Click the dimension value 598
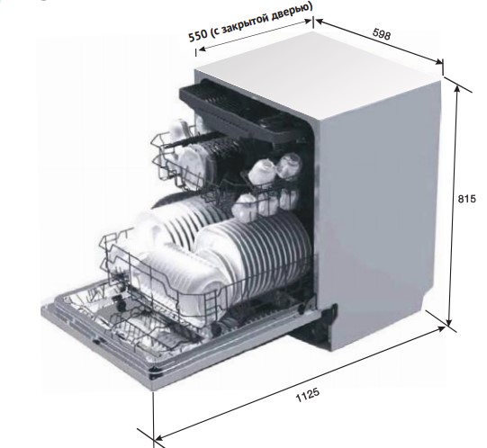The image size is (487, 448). [x=381, y=34]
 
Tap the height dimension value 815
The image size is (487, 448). [x=466, y=199]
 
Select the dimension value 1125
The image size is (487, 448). [x=308, y=395]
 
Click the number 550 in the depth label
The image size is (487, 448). [x=198, y=34]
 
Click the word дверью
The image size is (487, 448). [x=291, y=11]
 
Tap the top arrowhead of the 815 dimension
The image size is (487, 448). [x=456, y=89]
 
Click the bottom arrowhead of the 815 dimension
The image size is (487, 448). [x=449, y=322]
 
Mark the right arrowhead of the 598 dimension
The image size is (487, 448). [x=438, y=61]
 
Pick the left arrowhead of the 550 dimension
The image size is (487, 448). [x=203, y=49]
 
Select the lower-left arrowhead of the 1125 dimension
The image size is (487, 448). [x=159, y=438]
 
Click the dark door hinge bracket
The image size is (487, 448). [x=317, y=326]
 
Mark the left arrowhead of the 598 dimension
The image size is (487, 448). [x=320, y=22]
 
